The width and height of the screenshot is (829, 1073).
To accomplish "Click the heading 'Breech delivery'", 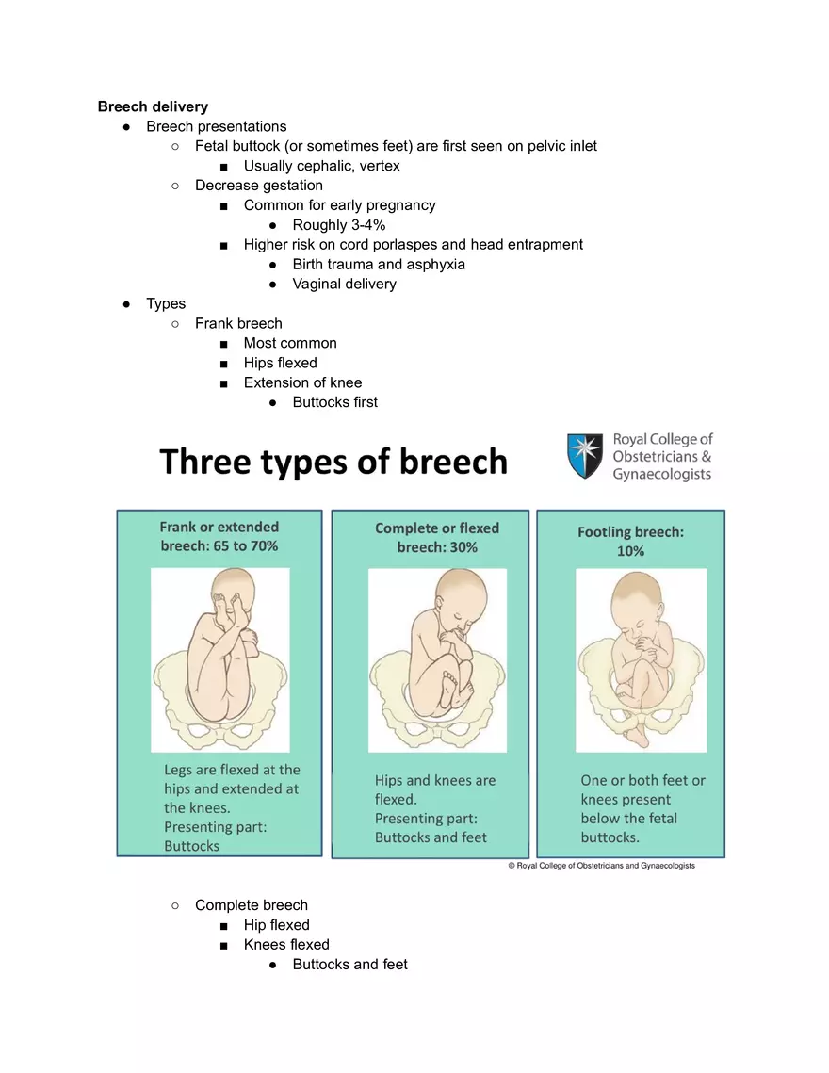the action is coord(153,106).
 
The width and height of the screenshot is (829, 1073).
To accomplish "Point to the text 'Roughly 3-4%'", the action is coord(338,225).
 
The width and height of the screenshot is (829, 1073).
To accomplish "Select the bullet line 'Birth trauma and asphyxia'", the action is coord(379,265).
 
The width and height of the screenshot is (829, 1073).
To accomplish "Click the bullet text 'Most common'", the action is coord(289,344).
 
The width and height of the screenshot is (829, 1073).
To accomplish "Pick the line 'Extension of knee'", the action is coord(302,383).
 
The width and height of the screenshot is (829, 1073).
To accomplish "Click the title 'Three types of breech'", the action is coord(333,462).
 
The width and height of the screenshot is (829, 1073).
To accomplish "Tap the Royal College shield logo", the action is coord(585,456).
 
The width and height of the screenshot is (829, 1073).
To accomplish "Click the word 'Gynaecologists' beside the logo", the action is coord(662,475).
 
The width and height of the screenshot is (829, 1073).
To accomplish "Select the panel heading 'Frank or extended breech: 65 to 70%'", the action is coord(219,536).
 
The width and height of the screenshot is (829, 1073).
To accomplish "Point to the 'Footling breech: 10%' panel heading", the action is coord(630,541).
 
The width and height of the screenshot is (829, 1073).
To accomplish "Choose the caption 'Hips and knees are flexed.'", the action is coord(434,789).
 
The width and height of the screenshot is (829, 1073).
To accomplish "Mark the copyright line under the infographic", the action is coord(601,866).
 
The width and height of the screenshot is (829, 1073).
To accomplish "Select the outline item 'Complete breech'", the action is coord(251,905).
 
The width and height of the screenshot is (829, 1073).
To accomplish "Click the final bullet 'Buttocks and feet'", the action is coord(349,965).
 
